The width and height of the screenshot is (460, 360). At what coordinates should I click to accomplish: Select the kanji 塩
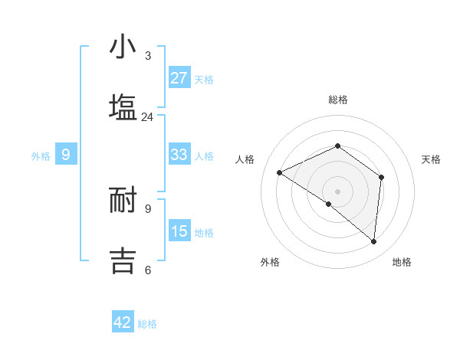click(x=123, y=107)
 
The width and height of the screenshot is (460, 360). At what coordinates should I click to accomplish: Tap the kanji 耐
click(x=123, y=199)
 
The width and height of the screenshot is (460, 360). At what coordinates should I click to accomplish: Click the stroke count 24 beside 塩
click(x=147, y=117)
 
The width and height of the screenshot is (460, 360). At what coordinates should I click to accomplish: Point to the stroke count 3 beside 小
click(x=148, y=56)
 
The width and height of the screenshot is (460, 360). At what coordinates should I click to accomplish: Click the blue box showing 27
click(x=179, y=78)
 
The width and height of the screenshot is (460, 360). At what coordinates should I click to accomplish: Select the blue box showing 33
click(x=179, y=155)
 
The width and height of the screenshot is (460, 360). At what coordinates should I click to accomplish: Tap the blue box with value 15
click(x=179, y=231)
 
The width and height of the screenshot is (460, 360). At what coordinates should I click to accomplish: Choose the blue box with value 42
click(x=123, y=322)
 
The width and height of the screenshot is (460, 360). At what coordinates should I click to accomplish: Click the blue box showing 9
click(x=66, y=155)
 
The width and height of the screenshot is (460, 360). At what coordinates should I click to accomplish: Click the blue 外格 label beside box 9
click(x=41, y=156)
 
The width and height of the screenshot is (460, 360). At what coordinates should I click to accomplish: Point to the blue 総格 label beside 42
click(x=147, y=324)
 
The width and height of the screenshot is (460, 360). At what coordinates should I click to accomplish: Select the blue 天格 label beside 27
click(x=204, y=80)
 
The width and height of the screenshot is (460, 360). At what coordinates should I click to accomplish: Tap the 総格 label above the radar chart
click(x=337, y=100)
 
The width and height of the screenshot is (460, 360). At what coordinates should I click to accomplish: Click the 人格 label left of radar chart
click(x=245, y=159)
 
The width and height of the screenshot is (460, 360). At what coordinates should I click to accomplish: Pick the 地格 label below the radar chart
click(x=402, y=263)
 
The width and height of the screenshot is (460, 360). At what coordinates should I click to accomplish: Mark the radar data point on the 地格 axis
click(x=373, y=241)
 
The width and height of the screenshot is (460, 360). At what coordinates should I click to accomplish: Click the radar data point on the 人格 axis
click(x=280, y=172)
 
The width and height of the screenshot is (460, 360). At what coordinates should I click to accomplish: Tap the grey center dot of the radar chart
click(x=337, y=191)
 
